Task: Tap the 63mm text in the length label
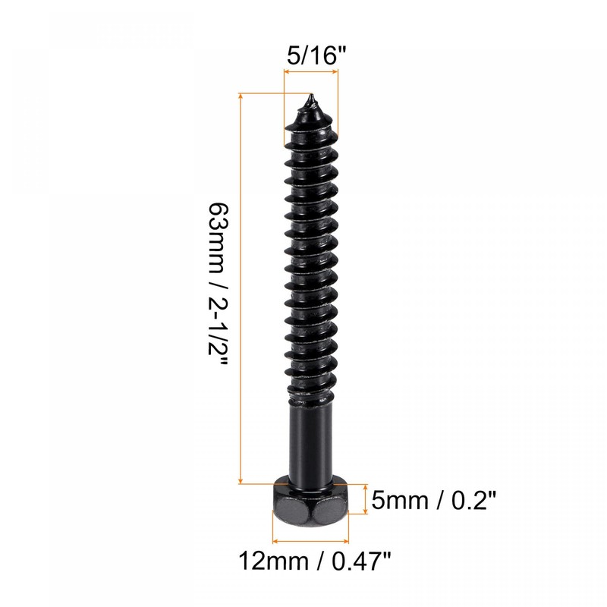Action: point(218,232)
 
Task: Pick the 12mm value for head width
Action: point(267,562)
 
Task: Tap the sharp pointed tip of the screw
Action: point(310,98)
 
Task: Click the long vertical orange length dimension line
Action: point(241,288)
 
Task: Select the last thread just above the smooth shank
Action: point(310,391)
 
